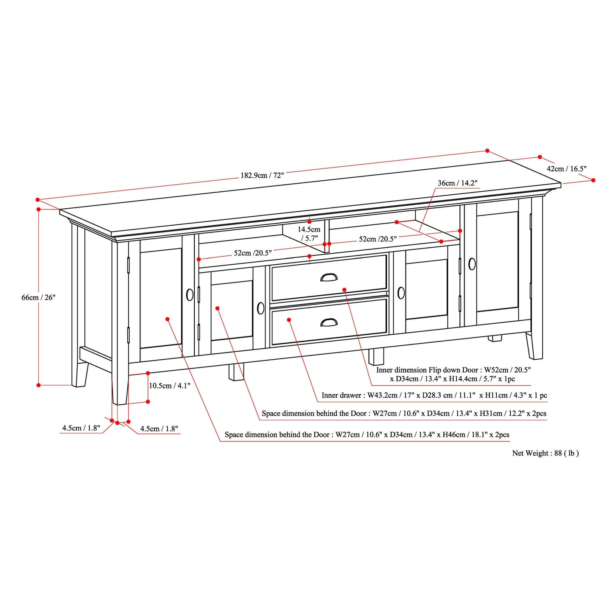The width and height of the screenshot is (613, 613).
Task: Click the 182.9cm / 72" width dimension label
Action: [262, 175]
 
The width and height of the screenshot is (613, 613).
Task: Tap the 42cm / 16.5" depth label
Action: [566, 169]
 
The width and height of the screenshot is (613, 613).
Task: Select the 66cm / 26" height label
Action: [39, 297]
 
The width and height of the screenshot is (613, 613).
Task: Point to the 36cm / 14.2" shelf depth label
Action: [457, 183]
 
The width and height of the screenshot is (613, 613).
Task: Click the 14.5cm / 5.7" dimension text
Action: [309, 234]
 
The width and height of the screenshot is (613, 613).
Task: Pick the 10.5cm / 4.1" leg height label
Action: [169, 386]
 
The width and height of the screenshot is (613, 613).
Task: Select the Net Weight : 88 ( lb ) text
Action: [545, 453]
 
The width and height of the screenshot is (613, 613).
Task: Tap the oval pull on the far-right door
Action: [472, 264]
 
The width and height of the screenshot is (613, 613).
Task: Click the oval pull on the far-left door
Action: [190, 294]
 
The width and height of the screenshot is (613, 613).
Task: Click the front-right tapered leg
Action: [534, 346]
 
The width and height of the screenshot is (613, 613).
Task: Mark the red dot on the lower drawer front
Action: [289, 320]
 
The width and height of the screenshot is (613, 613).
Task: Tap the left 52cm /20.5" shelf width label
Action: [252, 253]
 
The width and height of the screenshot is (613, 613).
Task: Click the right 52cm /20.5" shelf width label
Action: [378, 239]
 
